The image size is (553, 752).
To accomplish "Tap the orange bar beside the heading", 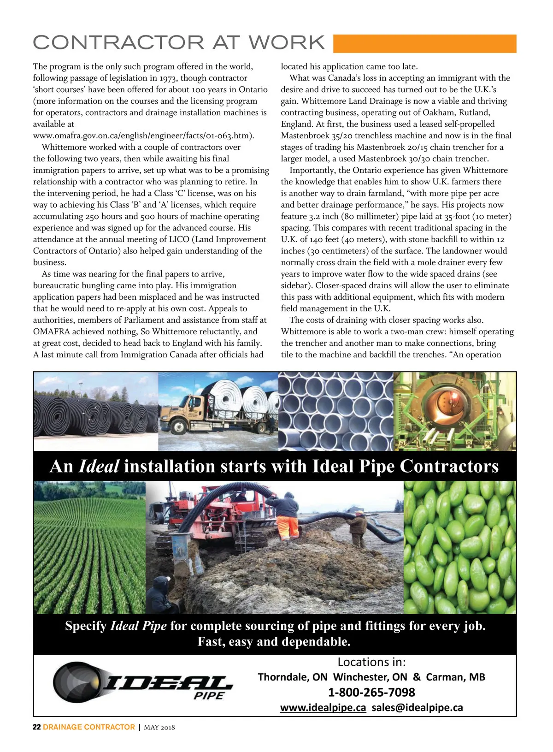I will coord(424,43).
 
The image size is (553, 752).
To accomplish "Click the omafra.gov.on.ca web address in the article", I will coord(143,136).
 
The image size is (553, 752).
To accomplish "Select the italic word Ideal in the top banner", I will coord(99,466).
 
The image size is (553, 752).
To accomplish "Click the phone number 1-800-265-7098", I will coord(371,692).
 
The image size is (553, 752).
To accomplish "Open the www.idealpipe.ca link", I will coord(323,708).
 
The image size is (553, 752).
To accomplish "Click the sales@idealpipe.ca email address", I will coord(417,708).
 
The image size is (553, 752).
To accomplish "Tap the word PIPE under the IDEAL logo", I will coord(209,696).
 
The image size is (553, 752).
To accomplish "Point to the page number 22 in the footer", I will coord(37,727).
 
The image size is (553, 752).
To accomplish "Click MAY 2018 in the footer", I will coord(159,728).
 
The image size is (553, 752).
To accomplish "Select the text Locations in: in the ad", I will coord(371,662).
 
